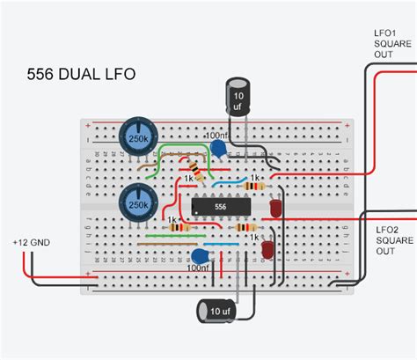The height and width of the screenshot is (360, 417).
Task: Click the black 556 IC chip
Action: point(221,207)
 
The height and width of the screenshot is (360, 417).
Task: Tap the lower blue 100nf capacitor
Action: point(200,256)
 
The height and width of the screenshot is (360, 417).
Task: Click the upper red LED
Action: point(275,208)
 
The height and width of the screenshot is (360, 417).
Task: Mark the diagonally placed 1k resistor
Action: point(197,171)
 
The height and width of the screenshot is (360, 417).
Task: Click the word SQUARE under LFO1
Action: point(392,45)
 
